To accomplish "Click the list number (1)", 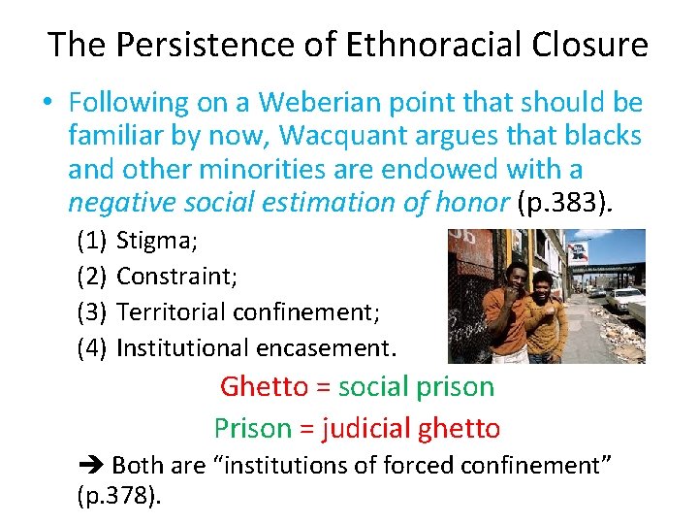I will tap(91, 243).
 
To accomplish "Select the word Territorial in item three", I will tap(171, 311).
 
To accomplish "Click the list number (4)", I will tap(91, 346).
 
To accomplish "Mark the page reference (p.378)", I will tap(116, 498).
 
